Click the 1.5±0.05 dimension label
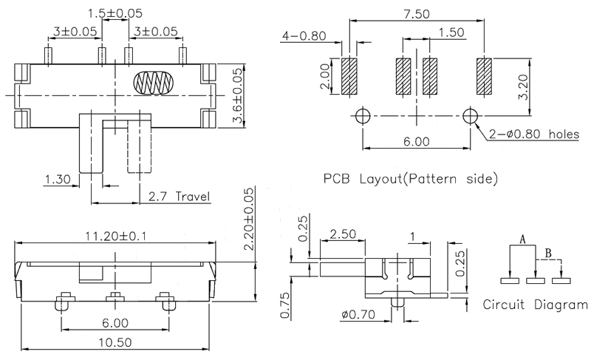[115, 13]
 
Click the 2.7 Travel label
[179, 197]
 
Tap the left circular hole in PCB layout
[362, 115]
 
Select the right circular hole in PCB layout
[470, 115]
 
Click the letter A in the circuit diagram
[522, 240]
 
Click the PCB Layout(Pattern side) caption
[405, 178]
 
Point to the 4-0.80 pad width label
[304, 35]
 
